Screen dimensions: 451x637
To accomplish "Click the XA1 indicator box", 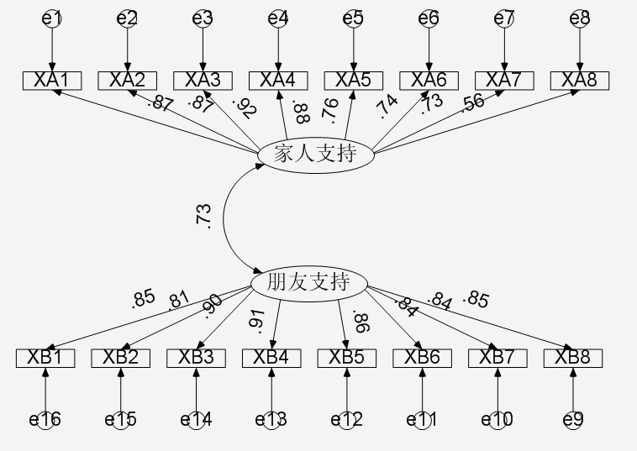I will coord(52,81).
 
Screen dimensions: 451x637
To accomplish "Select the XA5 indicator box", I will coord(353,81).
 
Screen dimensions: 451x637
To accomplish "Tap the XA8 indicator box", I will coord(579,81).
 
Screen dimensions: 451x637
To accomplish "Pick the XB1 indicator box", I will coord(45,358).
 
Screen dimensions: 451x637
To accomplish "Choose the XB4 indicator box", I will coord(271,358).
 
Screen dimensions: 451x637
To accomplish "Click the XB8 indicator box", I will coord(572,358).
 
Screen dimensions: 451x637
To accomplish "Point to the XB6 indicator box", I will coord(422,358).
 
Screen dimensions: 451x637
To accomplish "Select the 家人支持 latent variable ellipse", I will coord(316,155).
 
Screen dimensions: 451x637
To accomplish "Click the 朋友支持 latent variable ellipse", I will coord(310,283).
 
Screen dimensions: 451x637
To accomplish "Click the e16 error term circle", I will coord(45,419).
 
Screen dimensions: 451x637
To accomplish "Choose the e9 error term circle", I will coord(572,419).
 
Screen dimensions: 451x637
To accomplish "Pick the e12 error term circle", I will coord(346,419).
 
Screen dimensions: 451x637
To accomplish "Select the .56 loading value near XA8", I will coord(473,102).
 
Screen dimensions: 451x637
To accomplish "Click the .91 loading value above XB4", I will coord(255,319).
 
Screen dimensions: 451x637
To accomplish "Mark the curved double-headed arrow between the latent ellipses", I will coord(224,220).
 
